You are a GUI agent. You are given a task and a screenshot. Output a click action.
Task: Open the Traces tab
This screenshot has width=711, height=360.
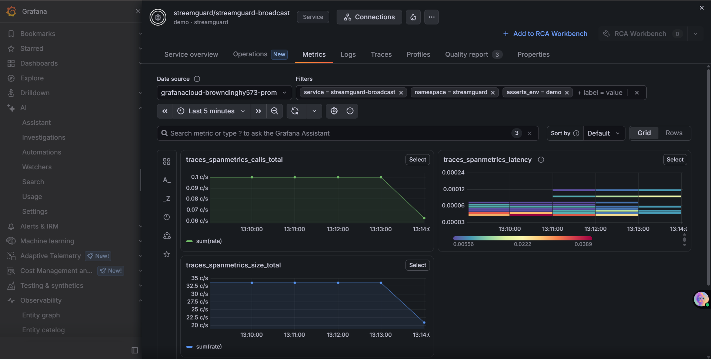381,54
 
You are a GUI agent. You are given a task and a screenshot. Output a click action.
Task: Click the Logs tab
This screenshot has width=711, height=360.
348,54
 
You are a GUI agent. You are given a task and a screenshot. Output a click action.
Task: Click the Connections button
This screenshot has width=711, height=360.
369,17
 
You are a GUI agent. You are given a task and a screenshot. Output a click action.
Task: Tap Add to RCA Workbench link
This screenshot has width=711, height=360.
545,34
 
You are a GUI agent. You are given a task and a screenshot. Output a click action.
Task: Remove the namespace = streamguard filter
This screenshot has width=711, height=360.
493,93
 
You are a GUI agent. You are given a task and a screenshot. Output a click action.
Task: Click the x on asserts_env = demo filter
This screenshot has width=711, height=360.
567,93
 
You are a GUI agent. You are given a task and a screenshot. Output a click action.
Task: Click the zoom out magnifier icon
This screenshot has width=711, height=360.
274,111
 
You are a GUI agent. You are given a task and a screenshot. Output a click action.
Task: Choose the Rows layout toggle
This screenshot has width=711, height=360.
674,133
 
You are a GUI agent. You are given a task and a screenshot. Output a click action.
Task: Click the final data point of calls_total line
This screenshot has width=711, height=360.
424,218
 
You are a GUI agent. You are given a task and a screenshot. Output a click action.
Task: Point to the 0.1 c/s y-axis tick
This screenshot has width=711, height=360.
200,177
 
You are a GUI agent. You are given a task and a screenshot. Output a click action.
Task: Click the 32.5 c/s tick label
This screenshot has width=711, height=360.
197,286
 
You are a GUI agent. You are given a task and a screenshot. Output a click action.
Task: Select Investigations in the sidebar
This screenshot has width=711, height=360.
44,137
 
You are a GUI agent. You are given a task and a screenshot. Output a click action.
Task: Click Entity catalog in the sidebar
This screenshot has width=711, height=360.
43,330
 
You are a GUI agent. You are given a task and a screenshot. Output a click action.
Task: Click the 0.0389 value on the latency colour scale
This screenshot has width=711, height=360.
583,244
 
